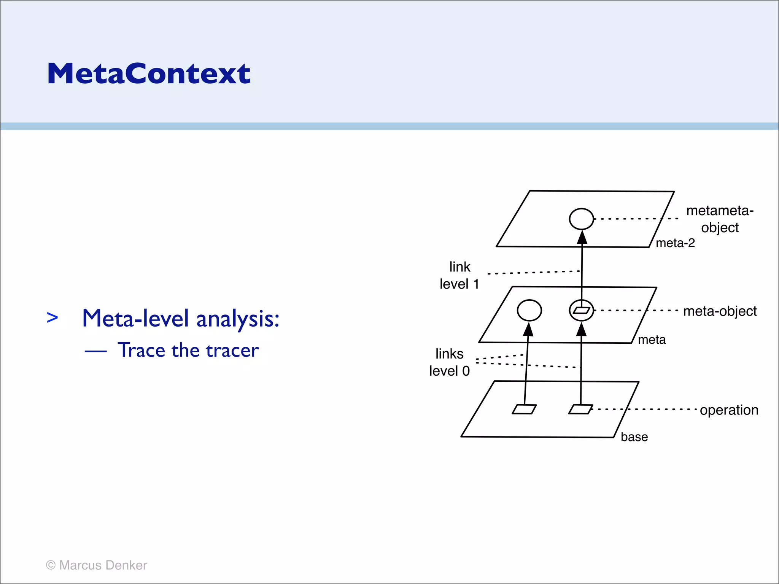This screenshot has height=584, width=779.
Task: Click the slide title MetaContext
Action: tap(149, 73)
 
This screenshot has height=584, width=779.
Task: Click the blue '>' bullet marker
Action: tap(52, 317)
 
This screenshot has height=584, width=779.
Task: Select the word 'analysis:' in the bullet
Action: tap(238, 319)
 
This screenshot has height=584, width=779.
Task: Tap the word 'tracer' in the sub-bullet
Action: tap(232, 350)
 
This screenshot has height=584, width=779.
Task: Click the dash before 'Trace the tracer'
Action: tap(95, 351)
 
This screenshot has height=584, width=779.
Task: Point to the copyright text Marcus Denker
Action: tap(97, 565)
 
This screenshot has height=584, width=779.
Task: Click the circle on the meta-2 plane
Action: tap(581, 219)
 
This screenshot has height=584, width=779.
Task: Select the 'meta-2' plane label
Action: tap(675, 243)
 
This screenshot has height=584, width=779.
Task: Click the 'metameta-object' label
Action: tap(720, 219)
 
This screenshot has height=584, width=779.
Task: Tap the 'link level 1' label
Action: tap(459, 276)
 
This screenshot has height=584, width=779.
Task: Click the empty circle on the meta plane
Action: tap(529, 310)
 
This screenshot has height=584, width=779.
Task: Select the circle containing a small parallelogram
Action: tap(581, 310)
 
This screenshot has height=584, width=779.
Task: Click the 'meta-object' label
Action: tap(720, 311)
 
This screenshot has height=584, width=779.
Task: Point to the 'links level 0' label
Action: tap(450, 362)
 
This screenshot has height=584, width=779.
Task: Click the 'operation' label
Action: tap(729, 410)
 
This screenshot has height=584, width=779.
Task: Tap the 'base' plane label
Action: tap(634, 437)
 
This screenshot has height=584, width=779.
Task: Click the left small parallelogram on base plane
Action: tap(524, 409)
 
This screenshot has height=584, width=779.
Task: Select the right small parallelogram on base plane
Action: tap(580, 409)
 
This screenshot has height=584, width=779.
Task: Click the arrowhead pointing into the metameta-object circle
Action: tap(582, 237)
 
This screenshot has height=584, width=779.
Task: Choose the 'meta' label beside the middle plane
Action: tap(652, 340)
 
